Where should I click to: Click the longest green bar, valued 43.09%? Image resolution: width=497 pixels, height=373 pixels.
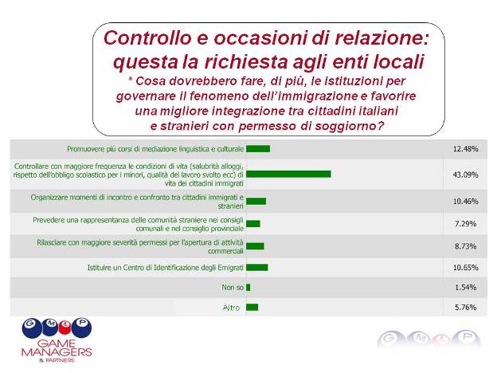point(288,174)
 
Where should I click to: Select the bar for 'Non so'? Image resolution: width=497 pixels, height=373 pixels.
point(248,288)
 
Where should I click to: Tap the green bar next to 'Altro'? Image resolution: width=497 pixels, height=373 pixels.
point(252,307)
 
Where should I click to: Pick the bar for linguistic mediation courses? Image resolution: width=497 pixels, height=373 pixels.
point(258,149)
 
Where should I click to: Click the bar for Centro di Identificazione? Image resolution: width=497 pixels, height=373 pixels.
point(257,267)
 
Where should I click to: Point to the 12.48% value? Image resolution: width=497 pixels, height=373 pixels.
point(465,149)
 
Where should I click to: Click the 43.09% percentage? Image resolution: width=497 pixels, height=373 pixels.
point(465,175)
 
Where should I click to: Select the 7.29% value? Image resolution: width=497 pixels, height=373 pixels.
point(465,224)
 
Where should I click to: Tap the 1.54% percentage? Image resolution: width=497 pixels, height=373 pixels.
point(465,288)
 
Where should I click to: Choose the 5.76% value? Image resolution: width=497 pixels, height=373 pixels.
point(465,308)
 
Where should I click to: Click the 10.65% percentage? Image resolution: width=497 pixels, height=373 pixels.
point(465,268)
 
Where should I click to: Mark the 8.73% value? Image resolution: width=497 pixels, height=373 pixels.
point(465,246)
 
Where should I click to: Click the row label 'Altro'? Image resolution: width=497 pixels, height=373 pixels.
point(231,308)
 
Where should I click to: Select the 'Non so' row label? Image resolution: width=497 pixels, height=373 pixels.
point(233,288)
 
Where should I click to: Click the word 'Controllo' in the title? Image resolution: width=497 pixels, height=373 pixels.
point(147,37)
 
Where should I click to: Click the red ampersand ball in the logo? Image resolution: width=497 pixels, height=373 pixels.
point(65,328)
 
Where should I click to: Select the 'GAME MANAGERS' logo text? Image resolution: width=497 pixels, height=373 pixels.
point(57,347)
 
